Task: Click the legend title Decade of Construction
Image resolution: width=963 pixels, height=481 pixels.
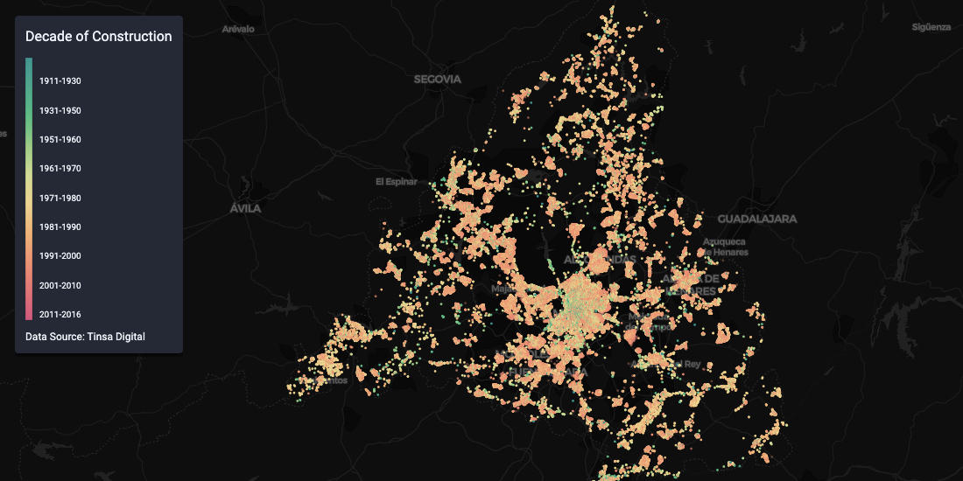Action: pos(98,37)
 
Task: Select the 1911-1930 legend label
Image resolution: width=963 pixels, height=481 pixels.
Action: pos(60,81)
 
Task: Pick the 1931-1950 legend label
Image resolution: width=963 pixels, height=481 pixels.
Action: pos(60,110)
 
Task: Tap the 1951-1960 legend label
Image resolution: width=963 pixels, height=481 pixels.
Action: pos(60,139)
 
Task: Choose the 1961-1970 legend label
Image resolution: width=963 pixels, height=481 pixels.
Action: pos(60,168)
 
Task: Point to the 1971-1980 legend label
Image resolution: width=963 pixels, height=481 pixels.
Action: pos(60,198)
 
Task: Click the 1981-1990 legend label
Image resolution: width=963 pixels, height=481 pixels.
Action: pos(60,227)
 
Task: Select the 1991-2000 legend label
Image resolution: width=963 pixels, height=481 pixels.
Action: pos(60,255)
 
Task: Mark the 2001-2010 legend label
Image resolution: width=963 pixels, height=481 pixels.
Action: pos(60,285)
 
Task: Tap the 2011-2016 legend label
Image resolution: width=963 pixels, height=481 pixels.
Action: pos(60,314)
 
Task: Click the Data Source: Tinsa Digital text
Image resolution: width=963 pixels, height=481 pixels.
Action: pos(85,337)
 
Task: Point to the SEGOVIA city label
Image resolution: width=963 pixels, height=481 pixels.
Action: pos(437,79)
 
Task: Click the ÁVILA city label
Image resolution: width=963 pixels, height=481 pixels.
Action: pos(246,209)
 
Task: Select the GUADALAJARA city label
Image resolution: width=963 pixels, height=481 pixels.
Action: pos(757,219)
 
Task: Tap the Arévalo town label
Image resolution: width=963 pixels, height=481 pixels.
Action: pos(238,29)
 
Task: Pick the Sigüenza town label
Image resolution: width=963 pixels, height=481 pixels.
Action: pos(931,27)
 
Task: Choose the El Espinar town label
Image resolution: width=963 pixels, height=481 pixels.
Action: pos(392,182)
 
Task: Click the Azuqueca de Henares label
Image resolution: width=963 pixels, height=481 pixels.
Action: pos(724,247)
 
